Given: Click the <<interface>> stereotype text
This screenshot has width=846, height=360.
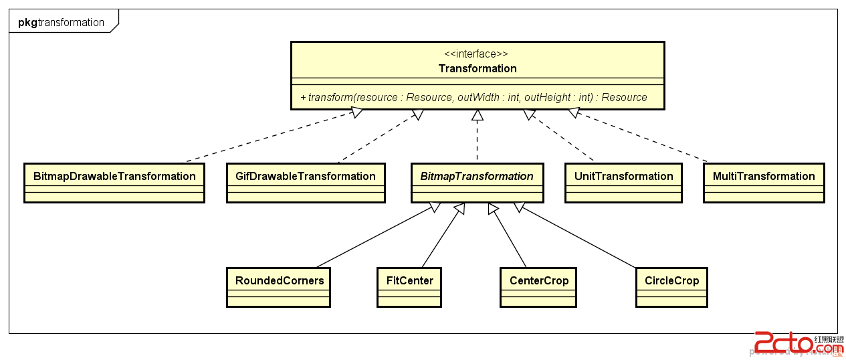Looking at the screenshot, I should pyautogui.click(x=477, y=54).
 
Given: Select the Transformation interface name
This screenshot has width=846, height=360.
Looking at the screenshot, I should pyautogui.click(x=477, y=68).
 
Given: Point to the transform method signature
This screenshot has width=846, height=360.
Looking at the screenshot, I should pyautogui.click(x=474, y=98).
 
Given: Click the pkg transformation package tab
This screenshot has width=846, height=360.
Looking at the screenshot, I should pyautogui.click(x=62, y=22).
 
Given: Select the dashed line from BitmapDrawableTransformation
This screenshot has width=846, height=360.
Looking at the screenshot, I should pyautogui.click(x=268, y=137).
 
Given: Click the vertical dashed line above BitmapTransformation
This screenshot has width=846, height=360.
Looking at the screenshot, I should pyautogui.click(x=477, y=141).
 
